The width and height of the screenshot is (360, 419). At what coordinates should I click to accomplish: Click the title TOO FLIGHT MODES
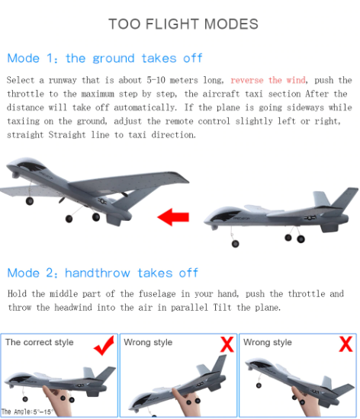[x=183, y=24]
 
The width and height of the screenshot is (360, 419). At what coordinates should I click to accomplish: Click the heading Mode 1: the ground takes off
[x=104, y=58]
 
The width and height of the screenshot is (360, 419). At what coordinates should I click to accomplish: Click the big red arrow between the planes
[x=173, y=218]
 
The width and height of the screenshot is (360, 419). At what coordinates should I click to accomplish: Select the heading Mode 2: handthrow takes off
[x=102, y=273]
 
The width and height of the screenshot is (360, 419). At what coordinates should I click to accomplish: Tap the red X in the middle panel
[x=227, y=344]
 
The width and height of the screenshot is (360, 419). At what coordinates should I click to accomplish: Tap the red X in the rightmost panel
[x=345, y=344]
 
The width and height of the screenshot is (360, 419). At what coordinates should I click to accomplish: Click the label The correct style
[x=40, y=343]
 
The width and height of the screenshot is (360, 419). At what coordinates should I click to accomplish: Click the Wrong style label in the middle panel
[x=148, y=343]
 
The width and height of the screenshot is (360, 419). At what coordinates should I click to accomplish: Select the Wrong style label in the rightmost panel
[x=268, y=343]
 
